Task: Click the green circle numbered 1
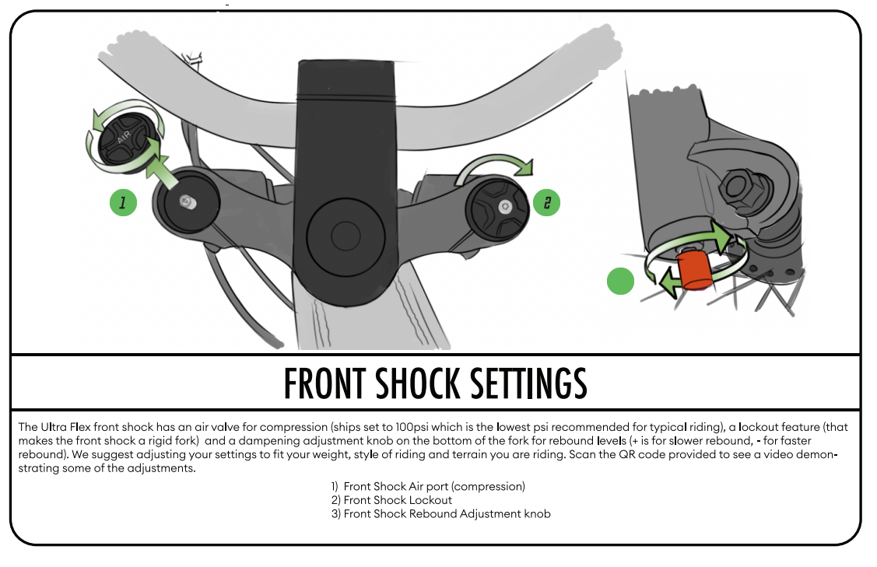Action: coord(123,204)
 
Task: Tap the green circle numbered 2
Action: coord(546,203)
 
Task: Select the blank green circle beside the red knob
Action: coord(620,281)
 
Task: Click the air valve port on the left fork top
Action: coord(186,201)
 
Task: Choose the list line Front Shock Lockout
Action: coord(398,500)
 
